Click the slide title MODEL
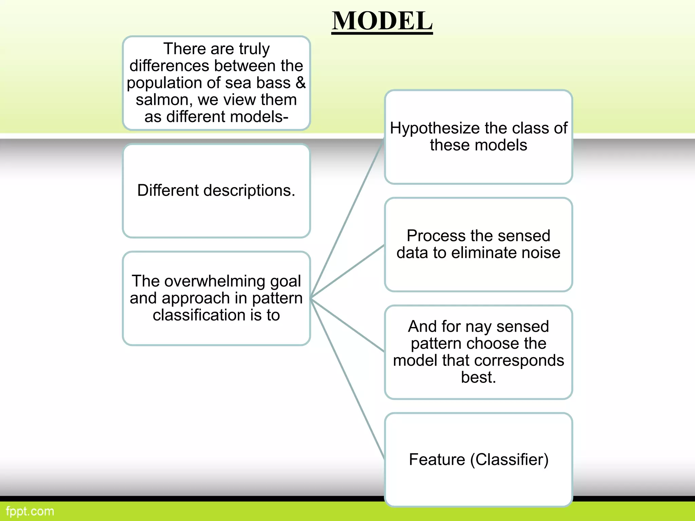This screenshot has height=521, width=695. coord(382,21)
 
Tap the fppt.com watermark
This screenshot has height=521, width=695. coord(30,511)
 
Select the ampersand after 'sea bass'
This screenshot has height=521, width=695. coord(301,83)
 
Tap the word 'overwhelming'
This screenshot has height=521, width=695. coord(215,281)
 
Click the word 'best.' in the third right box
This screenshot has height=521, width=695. coord(478,377)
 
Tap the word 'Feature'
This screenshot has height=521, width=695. coord(437,460)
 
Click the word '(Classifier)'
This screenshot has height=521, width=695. coord(509,460)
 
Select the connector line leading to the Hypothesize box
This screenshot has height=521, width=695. coord(347,219)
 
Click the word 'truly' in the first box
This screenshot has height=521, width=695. coord(254,49)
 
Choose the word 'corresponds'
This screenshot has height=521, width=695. coord(521,360)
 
